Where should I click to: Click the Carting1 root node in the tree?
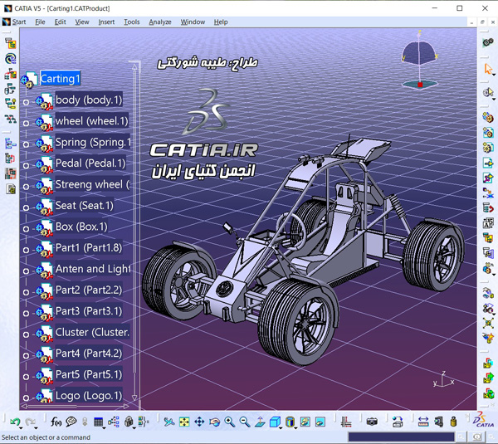coord(60,79)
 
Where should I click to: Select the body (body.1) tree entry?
coord(89,100)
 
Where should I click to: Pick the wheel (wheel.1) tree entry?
coord(91,121)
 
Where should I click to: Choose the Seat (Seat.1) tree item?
coord(84,206)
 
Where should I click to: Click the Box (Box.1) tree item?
coord(81,227)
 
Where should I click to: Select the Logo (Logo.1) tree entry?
coord(89,396)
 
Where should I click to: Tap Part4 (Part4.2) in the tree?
coord(89,354)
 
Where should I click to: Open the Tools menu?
coord(131,22)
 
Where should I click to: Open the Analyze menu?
coord(160,22)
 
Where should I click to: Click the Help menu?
coord(221,22)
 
